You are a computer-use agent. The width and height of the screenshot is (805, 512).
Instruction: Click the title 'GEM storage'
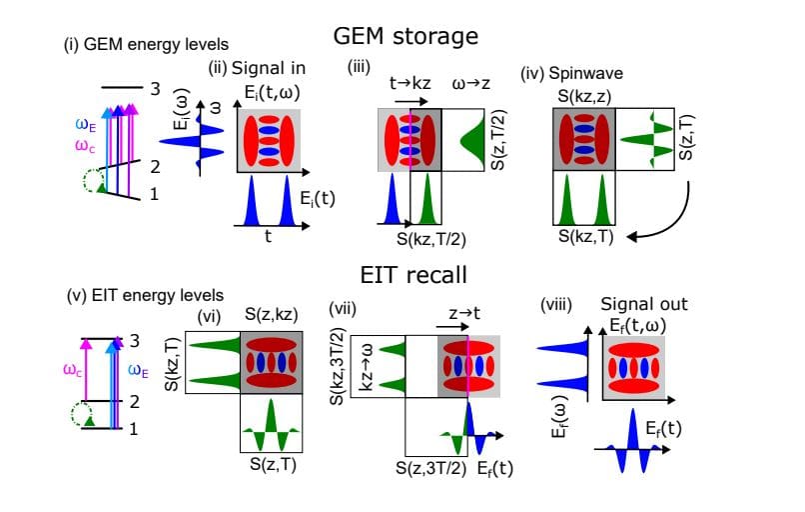point(406,36)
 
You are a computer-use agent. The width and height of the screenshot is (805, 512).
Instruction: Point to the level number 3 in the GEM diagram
point(155,89)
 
